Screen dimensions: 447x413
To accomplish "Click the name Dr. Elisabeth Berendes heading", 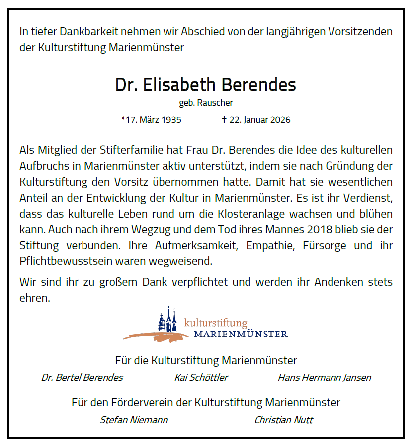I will tap(205, 85).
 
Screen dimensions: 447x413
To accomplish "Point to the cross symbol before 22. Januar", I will tap(224, 120).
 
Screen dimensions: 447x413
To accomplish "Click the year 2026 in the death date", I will tap(280, 120).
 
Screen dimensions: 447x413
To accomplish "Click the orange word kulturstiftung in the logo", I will tap(215, 323).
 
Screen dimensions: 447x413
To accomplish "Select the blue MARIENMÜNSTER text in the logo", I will tap(241, 334).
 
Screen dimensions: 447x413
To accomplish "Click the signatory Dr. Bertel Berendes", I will tap(82, 377).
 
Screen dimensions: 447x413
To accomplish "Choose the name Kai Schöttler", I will tap(201, 377).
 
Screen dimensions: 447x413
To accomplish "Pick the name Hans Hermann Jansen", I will tap(324, 377).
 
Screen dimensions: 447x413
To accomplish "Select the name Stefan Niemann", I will tap(134, 420).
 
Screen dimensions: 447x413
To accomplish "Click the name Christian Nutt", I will tap(284, 420).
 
